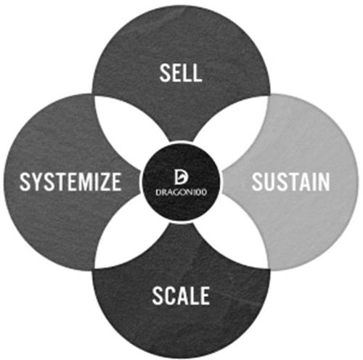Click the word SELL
[181, 73]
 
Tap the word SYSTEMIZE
[70, 181]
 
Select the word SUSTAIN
[291, 181]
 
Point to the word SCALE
[181, 295]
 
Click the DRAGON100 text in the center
[181, 192]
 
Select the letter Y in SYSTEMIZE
[36, 181]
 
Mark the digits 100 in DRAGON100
[200, 192]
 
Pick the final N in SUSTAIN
[325, 181]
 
